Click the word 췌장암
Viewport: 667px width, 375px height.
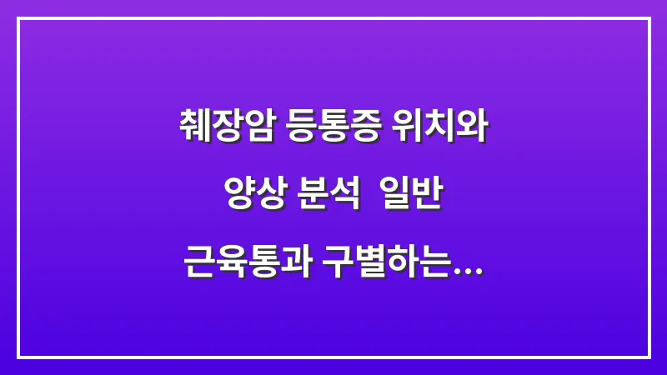point(225,127)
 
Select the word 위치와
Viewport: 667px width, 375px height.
point(443,127)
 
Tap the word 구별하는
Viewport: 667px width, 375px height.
point(386,267)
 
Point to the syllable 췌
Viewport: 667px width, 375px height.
point(193,127)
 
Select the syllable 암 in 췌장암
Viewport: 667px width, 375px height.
point(257,127)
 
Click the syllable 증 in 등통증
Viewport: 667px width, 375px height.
point(367,127)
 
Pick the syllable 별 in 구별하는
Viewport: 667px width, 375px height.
point(370,267)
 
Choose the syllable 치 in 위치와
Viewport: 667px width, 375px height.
point(443,127)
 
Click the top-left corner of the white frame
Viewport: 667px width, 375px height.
point(18,18)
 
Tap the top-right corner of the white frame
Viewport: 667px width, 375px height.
point(649,18)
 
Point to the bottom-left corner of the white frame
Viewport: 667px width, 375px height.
point(18,357)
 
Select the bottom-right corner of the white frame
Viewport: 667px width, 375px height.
point(649,357)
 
